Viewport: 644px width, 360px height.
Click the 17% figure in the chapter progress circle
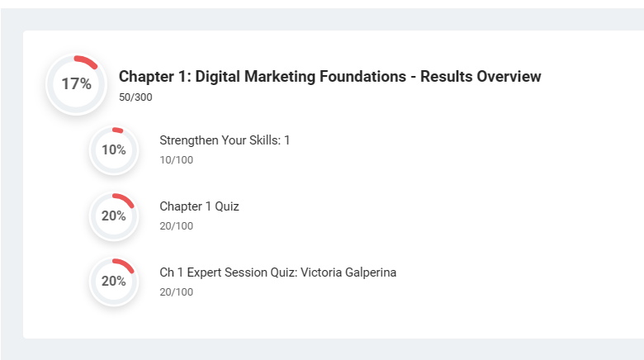(x=77, y=84)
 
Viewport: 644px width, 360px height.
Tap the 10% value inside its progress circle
(x=114, y=150)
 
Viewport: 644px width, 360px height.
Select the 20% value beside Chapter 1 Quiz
(x=114, y=216)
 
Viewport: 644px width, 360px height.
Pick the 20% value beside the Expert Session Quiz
(x=114, y=281)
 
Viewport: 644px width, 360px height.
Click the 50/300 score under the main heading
(x=135, y=97)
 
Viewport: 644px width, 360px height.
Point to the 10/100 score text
(x=176, y=160)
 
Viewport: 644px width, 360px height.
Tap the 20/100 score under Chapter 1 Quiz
(x=176, y=226)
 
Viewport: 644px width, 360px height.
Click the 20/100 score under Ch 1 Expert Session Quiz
(x=176, y=292)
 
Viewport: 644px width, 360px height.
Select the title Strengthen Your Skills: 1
(x=225, y=140)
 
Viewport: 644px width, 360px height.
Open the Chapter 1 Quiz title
(x=199, y=206)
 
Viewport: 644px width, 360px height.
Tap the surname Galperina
(x=371, y=272)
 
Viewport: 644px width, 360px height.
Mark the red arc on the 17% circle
(x=87, y=61)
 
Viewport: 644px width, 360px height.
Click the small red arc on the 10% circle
(x=118, y=130)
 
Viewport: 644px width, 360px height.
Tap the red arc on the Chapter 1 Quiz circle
(x=125, y=199)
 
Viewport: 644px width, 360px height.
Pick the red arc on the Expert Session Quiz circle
(x=125, y=265)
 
